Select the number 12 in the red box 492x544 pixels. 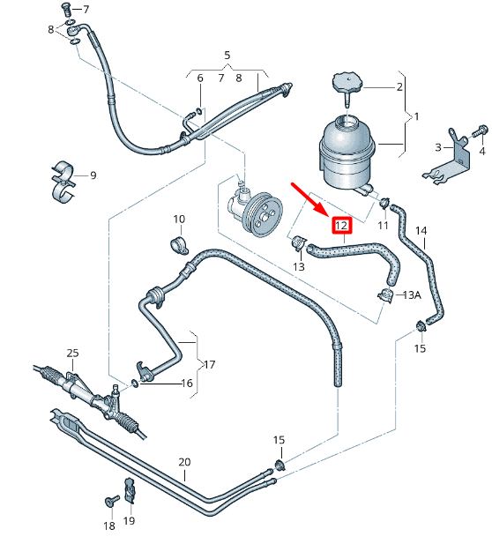(341, 225)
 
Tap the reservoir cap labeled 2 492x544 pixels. (346, 86)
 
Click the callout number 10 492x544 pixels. (179, 219)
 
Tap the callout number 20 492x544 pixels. (184, 461)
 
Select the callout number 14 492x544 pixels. (421, 231)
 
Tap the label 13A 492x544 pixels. (412, 295)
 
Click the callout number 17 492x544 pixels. (209, 364)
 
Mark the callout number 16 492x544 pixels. (186, 384)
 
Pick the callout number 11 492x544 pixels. (383, 226)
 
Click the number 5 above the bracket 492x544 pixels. (227, 56)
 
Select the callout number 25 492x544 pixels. (72, 353)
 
